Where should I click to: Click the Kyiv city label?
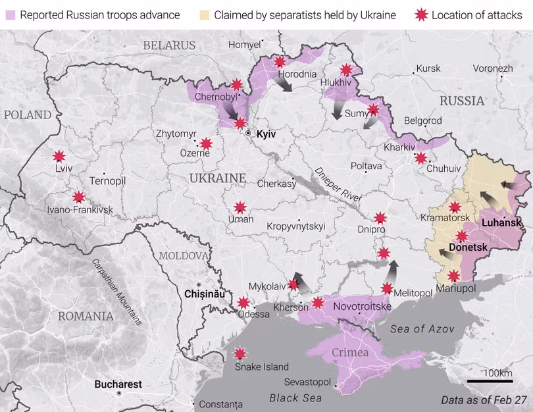265,134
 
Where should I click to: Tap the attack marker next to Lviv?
59,156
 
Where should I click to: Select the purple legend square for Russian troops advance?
10,14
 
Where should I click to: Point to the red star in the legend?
421,14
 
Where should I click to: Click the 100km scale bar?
490,380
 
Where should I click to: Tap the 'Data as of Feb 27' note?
483,399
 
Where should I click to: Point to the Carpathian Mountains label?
116,292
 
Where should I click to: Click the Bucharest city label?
118,384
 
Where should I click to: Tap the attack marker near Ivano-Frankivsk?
79,196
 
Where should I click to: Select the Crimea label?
349,353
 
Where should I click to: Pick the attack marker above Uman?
240,207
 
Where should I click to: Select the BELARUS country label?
169,45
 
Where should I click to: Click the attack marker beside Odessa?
243,303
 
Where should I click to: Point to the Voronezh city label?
492,68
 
